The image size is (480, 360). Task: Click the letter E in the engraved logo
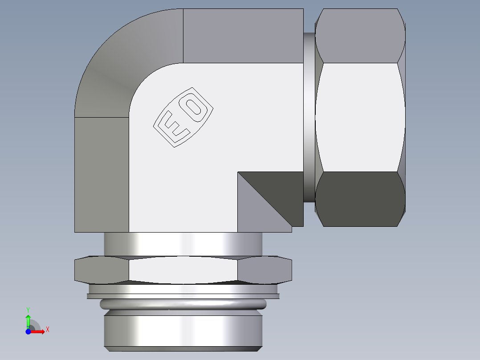pos(172,127)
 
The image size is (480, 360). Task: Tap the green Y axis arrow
pos(28,320)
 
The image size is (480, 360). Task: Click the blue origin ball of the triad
pos(28,331)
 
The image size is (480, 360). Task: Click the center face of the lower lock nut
pos(183,270)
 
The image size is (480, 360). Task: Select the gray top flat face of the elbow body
pos(243,36)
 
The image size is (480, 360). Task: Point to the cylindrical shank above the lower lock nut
pos(183,244)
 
